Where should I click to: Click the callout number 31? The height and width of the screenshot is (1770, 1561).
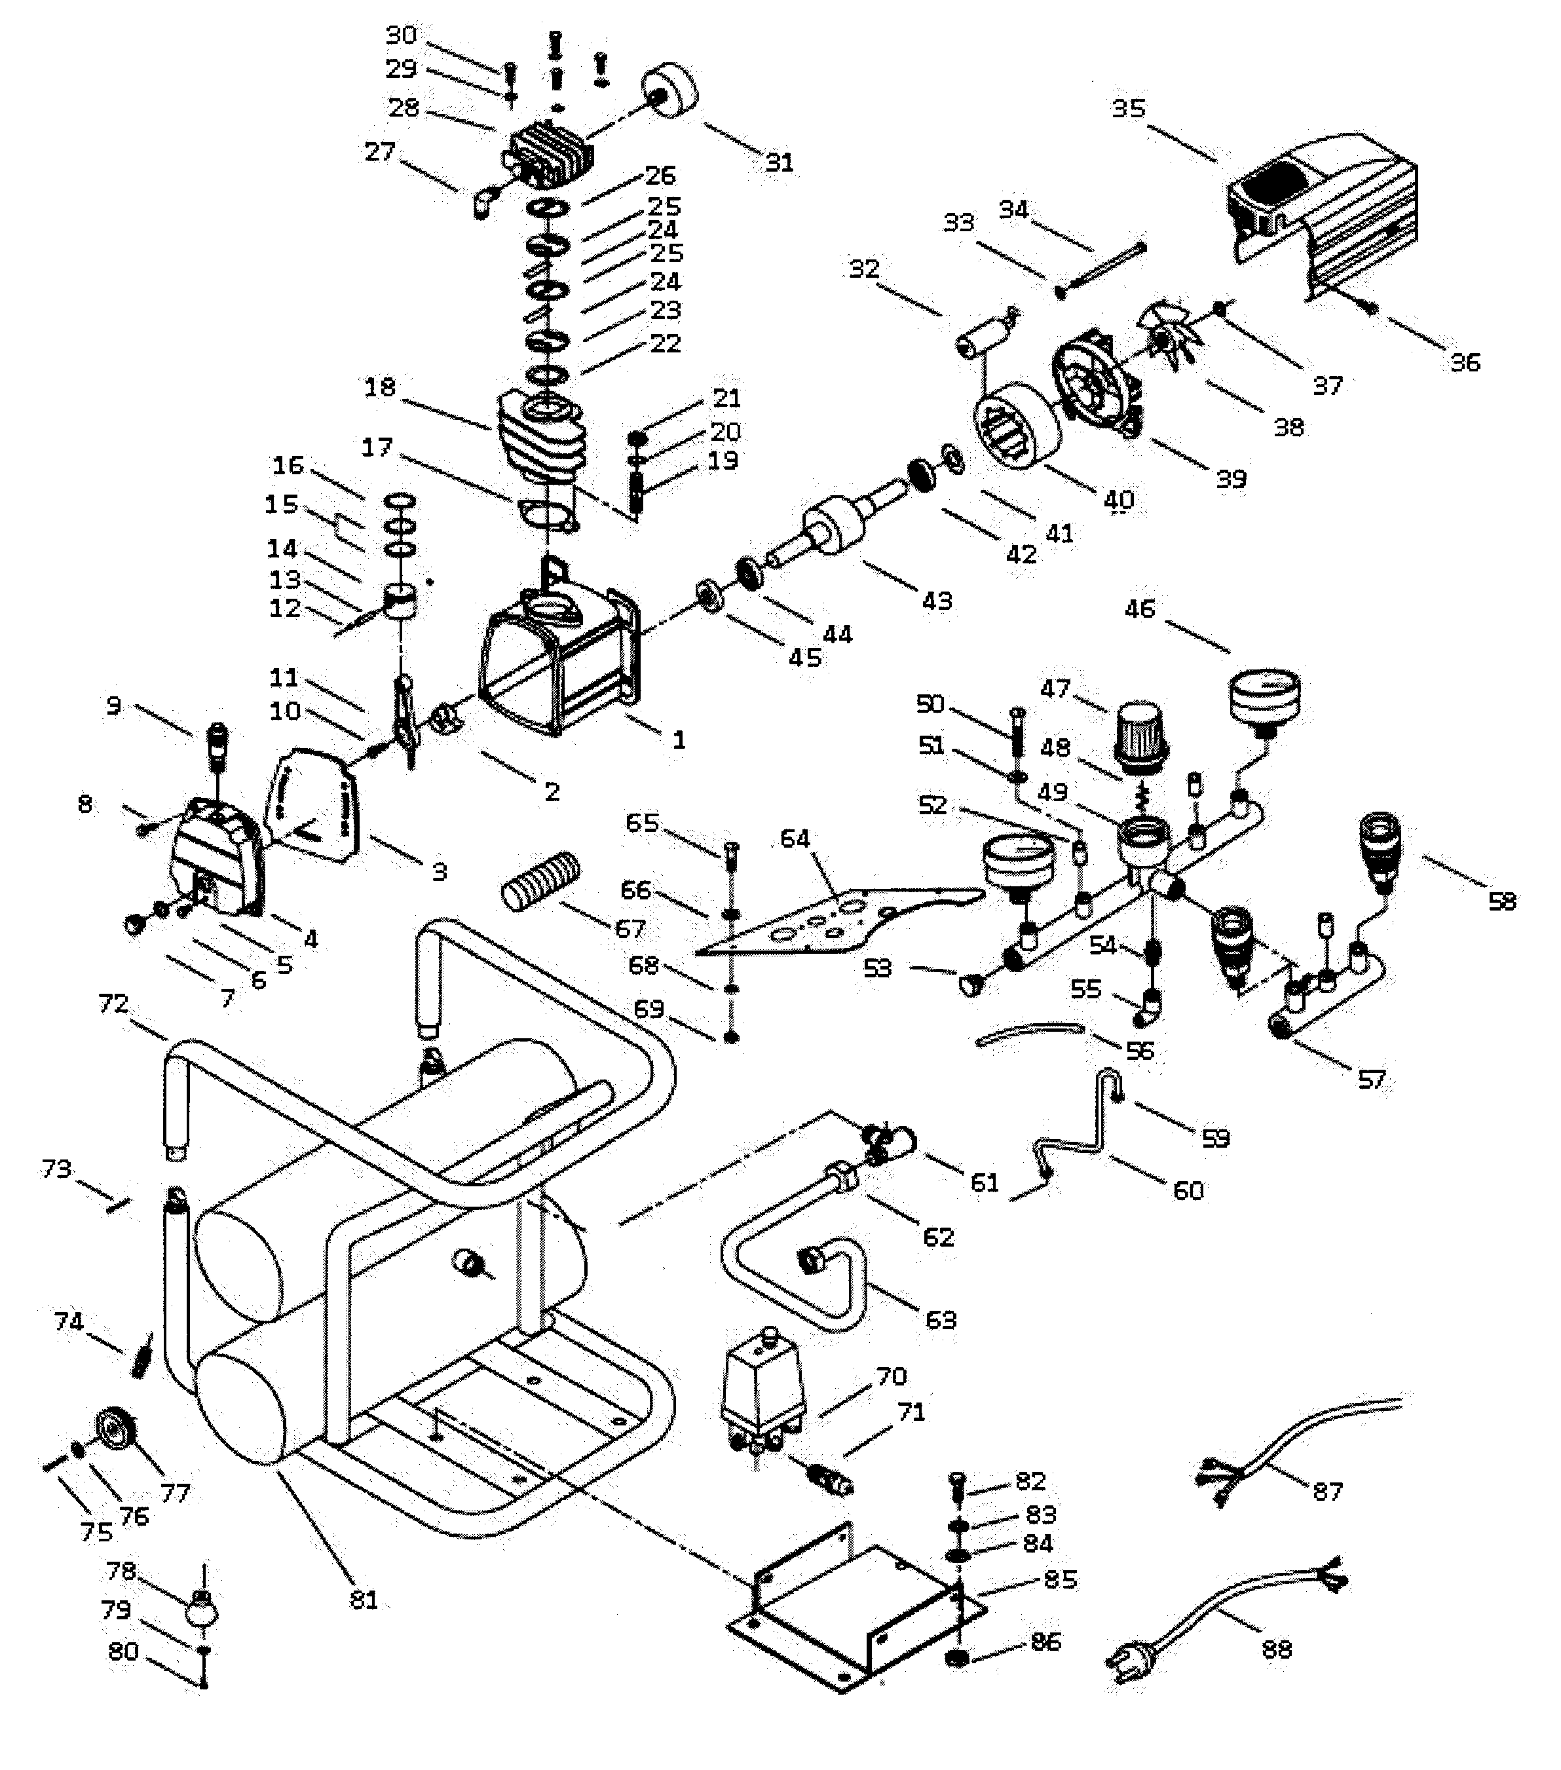coord(780,163)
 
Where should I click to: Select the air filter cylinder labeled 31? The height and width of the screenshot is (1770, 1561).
coord(671,92)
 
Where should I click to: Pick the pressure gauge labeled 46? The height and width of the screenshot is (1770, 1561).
coord(1264,697)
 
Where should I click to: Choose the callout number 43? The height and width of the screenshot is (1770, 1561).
coord(937,600)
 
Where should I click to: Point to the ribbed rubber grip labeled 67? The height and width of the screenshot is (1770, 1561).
coord(541,879)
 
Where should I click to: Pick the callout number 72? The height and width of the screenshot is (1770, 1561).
coord(113,1004)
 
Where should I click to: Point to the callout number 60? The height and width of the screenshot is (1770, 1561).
coord(1188,1191)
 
